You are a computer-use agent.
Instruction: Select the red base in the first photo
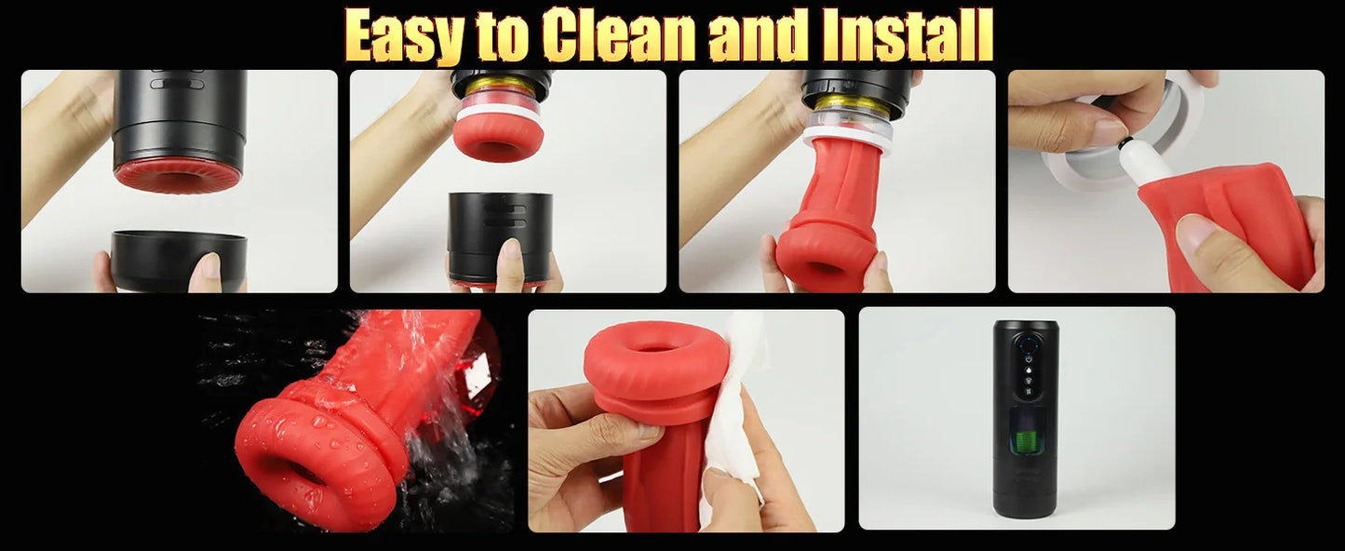point(178,174)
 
